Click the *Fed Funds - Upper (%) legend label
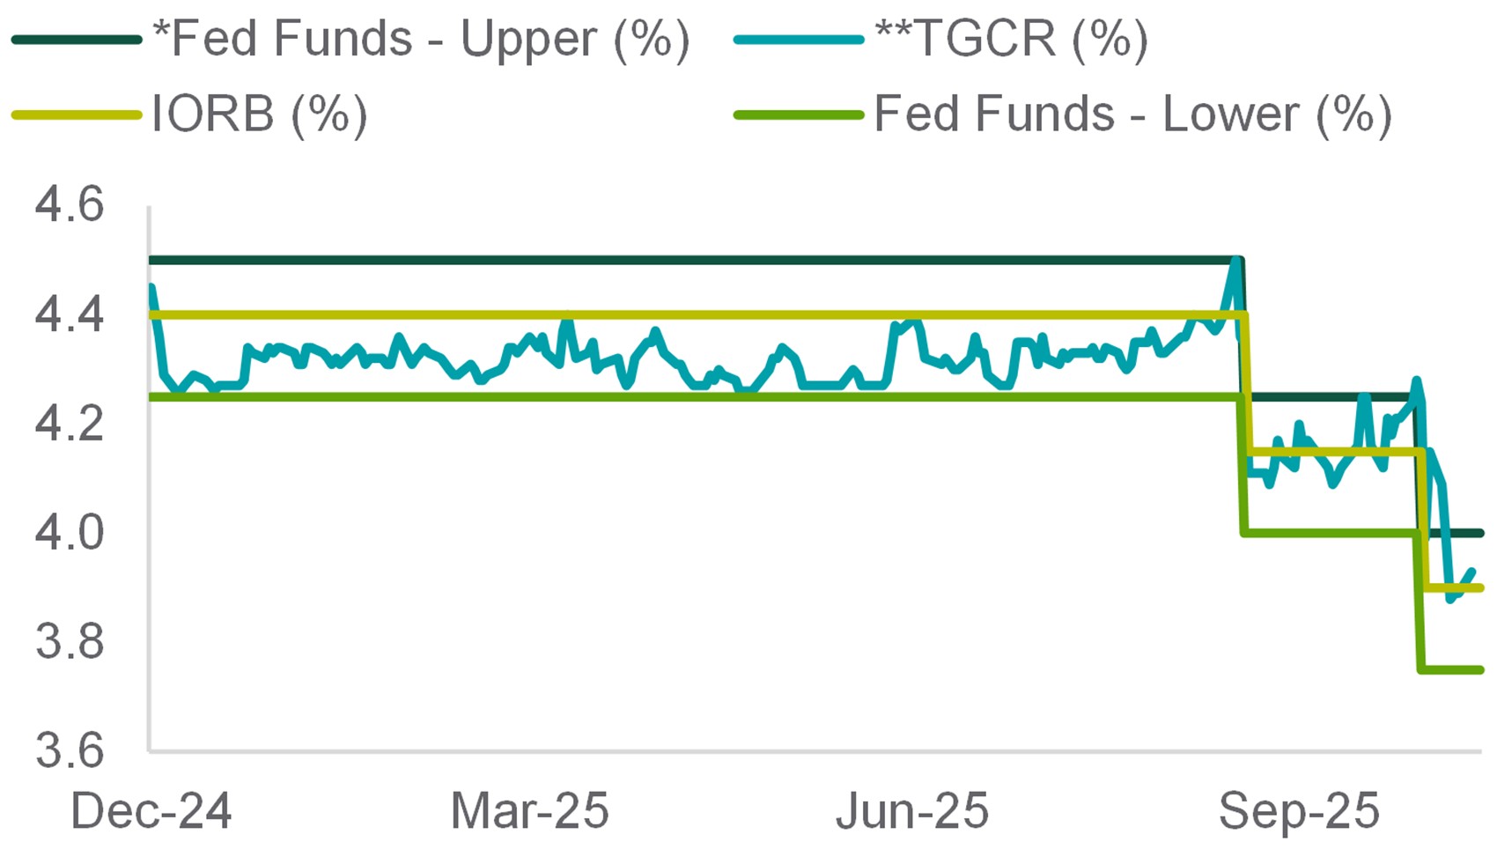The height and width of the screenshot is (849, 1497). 421,40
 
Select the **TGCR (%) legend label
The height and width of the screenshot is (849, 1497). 1012,40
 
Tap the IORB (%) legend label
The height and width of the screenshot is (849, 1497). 259,114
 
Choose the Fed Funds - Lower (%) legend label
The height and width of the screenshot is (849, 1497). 1132,114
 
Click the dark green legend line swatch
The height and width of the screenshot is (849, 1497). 77,40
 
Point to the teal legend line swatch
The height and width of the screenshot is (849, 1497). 799,40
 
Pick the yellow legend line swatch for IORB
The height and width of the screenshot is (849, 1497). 77,114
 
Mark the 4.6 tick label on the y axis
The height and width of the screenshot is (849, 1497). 70,204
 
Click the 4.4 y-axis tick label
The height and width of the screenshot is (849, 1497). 70,314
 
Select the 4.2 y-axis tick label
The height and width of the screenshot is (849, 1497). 70,424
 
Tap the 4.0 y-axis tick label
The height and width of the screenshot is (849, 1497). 70,533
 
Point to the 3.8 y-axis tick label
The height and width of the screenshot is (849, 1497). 70,642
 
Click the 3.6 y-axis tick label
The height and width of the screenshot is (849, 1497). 70,751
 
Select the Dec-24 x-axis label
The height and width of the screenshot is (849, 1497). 151,810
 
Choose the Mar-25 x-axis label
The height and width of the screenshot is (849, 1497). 529,810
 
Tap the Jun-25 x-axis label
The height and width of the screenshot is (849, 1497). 911,810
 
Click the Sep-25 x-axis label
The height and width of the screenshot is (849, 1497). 1299,810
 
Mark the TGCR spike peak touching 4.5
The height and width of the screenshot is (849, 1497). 1236,261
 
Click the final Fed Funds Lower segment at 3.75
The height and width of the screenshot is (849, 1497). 1453,670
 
